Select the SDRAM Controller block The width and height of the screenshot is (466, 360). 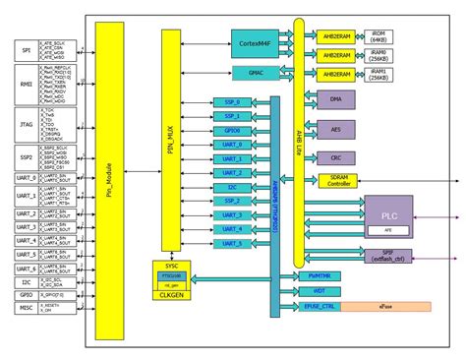point(340,181)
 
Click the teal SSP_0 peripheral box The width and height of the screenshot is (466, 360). point(233,101)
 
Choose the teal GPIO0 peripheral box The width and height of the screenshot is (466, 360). point(233,130)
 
